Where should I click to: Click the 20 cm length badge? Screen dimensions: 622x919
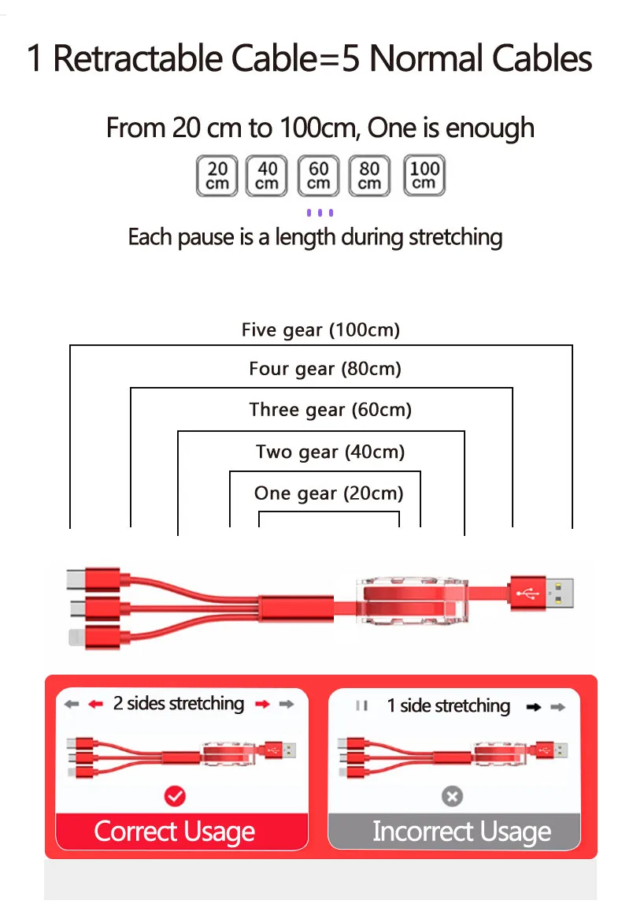click(217, 176)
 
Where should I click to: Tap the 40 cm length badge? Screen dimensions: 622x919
click(268, 176)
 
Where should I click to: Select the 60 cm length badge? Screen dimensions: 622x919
click(319, 176)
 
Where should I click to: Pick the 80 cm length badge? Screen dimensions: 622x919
click(369, 176)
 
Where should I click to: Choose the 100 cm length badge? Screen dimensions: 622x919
click(424, 176)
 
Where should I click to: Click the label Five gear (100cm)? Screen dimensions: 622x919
click(320, 329)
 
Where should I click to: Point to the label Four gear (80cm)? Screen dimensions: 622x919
click(324, 368)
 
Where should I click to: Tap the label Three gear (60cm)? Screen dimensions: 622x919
click(330, 410)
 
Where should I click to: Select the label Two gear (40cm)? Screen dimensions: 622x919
click(330, 452)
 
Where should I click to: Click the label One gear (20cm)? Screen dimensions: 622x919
click(328, 493)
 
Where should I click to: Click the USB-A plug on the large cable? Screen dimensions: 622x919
click(543, 591)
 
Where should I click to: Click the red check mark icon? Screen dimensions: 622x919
click(175, 797)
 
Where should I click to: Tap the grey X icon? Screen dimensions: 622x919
click(452, 797)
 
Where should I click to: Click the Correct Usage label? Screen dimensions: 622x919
click(175, 832)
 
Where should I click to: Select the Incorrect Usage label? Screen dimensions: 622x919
click(461, 832)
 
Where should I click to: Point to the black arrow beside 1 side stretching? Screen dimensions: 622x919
click(534, 707)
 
